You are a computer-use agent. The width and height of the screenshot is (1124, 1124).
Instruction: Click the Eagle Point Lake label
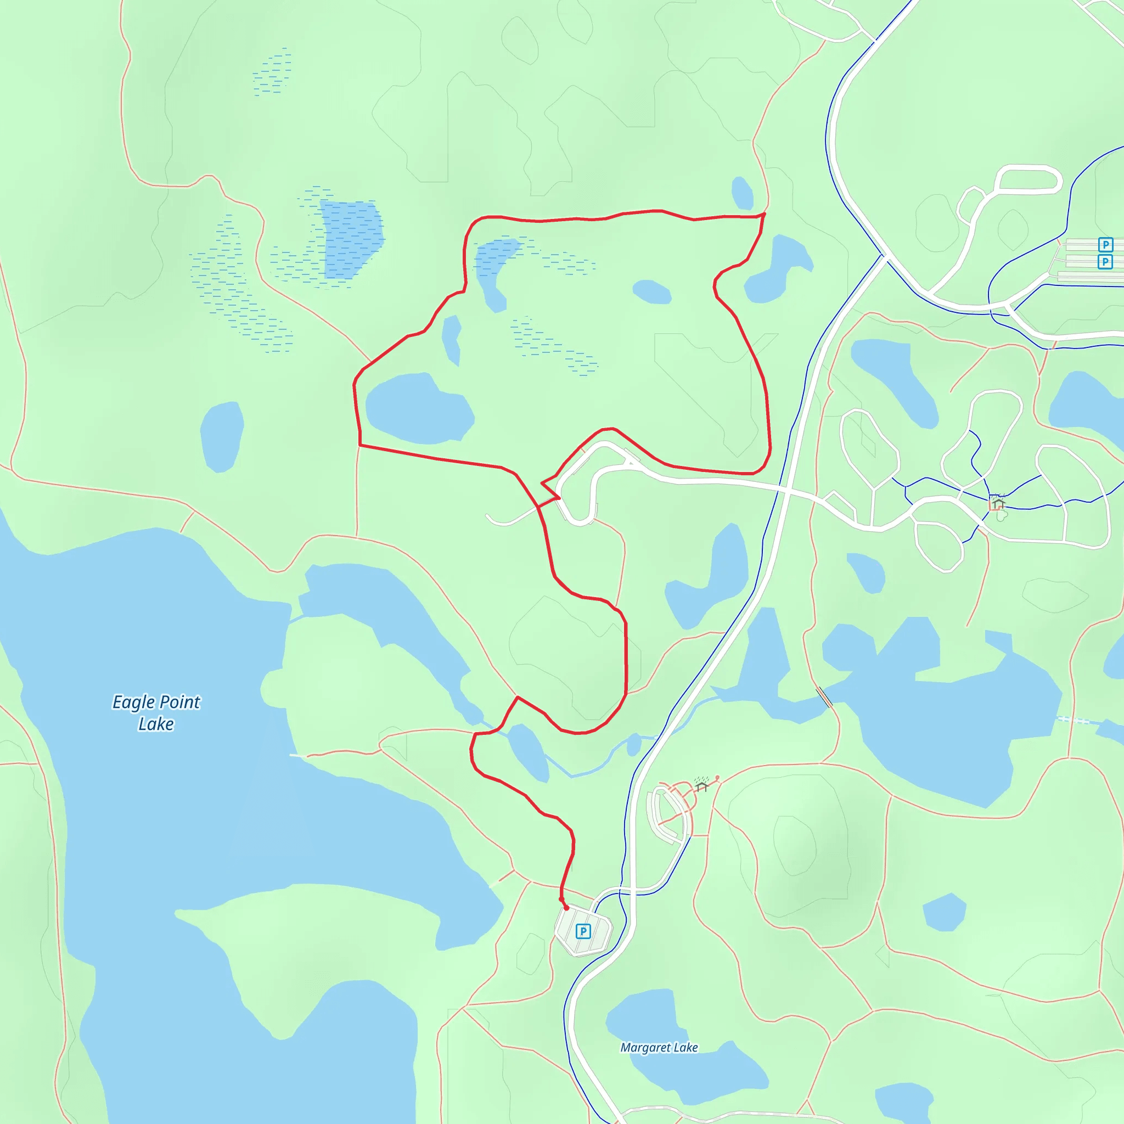[x=156, y=713]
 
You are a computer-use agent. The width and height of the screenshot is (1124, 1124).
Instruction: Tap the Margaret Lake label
[x=659, y=1048]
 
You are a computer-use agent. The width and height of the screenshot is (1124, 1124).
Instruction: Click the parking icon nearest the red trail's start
[x=583, y=931]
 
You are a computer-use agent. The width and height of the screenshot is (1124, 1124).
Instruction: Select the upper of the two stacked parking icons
[x=1105, y=244]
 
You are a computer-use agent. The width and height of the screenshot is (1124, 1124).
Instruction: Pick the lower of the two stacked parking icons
[x=1105, y=262]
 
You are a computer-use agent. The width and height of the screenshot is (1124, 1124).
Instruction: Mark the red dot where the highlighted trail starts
[x=566, y=908]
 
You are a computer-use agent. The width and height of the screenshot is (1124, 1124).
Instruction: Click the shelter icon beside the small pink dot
[x=701, y=786]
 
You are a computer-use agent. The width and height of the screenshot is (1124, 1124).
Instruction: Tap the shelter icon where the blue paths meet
[x=998, y=503]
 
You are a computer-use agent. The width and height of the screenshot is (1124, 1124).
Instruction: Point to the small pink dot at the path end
[x=717, y=778]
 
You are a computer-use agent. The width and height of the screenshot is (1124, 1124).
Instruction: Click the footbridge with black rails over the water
[x=824, y=697]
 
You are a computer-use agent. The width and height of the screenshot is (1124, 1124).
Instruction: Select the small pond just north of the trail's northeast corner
[x=742, y=193]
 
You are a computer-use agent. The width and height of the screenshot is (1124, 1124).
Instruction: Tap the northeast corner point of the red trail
[x=764, y=214]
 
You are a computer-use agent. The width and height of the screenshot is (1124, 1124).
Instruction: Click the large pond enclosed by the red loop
[x=419, y=409]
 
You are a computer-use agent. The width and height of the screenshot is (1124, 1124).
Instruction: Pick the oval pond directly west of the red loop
[x=221, y=436]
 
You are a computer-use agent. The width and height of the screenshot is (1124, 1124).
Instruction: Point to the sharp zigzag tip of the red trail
[x=542, y=483]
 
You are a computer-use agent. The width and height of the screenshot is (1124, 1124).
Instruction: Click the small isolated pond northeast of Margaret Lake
[x=943, y=912]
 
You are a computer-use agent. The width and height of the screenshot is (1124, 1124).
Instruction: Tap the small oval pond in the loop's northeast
[x=651, y=291]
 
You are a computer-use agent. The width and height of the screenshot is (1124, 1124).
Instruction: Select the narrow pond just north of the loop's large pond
[x=452, y=340]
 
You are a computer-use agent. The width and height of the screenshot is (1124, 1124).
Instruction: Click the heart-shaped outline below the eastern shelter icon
[x=1001, y=515]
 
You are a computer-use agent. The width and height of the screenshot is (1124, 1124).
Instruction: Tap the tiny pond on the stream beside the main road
[x=633, y=745]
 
